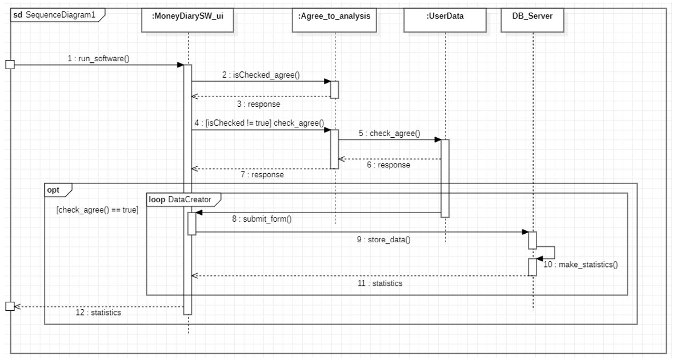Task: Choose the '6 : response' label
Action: [388, 164]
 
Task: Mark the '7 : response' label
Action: [262, 175]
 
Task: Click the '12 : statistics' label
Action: [98, 313]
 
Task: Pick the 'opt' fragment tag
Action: [53, 189]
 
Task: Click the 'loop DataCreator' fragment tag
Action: [179, 199]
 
